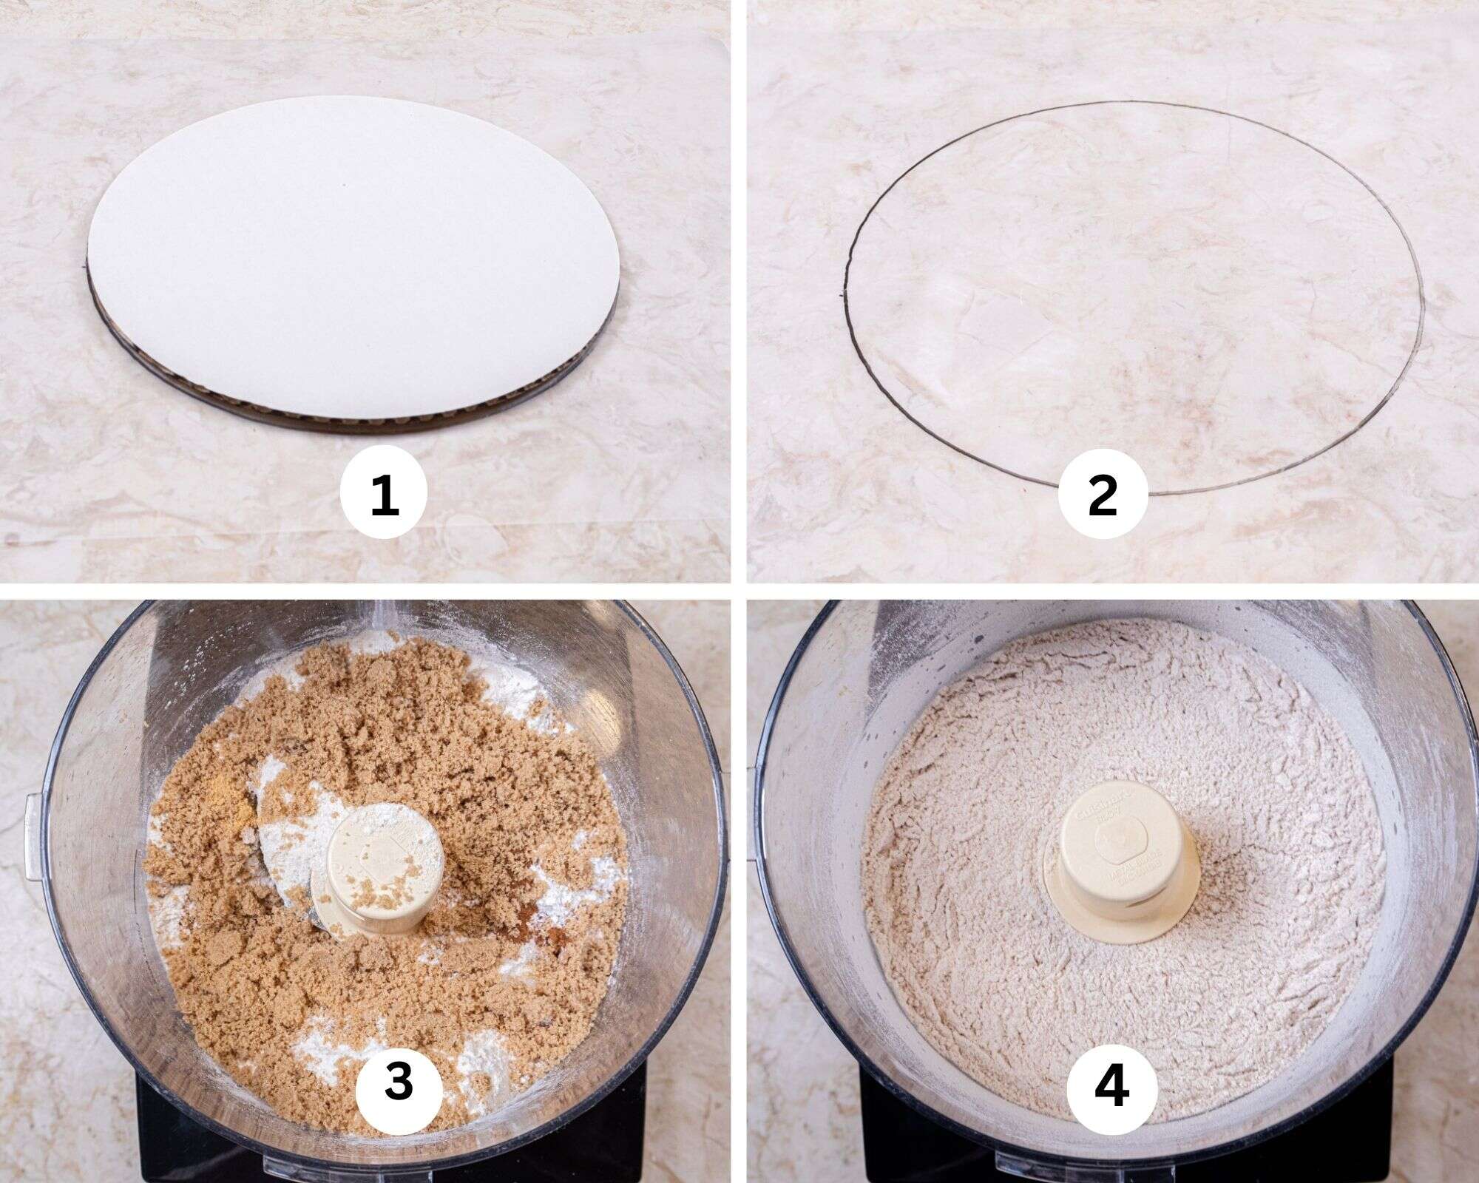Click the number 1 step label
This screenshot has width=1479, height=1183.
(384, 495)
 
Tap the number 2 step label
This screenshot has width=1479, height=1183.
(1103, 495)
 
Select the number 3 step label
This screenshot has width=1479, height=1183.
(399, 1083)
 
